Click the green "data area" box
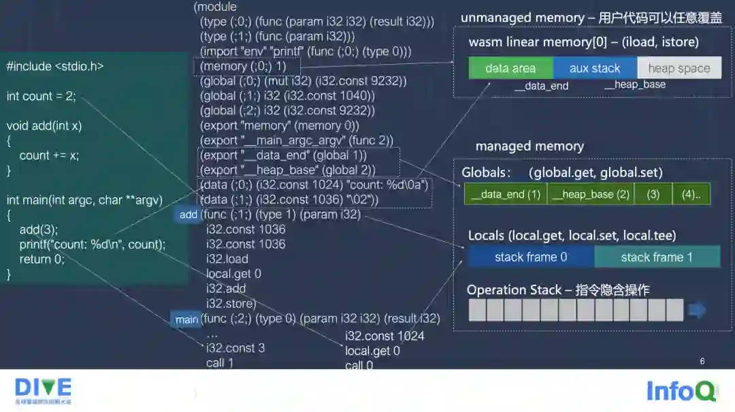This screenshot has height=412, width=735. click(510, 68)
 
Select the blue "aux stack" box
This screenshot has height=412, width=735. click(595, 68)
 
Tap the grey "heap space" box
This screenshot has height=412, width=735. click(679, 68)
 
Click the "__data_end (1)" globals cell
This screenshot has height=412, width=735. click(505, 194)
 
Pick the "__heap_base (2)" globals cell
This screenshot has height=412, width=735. click(590, 194)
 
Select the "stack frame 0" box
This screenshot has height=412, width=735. click(531, 257)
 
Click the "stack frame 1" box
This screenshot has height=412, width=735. click(657, 257)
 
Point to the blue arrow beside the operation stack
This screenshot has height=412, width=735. click(698, 311)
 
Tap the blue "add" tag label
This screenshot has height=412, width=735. click(189, 215)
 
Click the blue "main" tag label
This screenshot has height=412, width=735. click(186, 319)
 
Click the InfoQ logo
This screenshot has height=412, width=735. click(681, 392)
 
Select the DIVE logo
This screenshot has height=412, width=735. click(43, 390)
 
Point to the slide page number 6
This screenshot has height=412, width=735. click(702, 361)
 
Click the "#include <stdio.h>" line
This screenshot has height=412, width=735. click(55, 66)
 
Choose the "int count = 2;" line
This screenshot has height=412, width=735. click(41, 96)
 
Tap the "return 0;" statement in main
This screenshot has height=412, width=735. click(42, 259)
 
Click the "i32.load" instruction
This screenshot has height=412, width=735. click(227, 259)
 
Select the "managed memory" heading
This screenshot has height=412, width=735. click(529, 146)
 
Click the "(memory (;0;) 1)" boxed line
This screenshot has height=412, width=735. click(243, 66)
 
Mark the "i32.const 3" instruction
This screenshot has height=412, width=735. click(235, 348)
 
